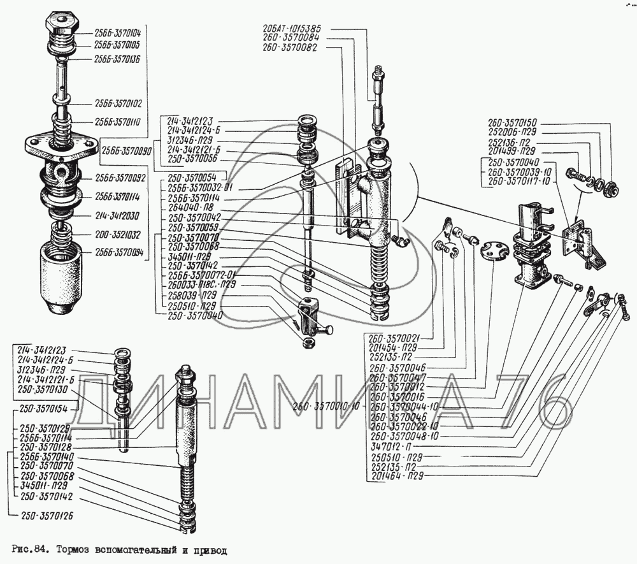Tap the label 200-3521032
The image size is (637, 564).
coord(118,234)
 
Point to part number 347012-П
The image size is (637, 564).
coord(391,448)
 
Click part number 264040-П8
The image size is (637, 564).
coord(192,208)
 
